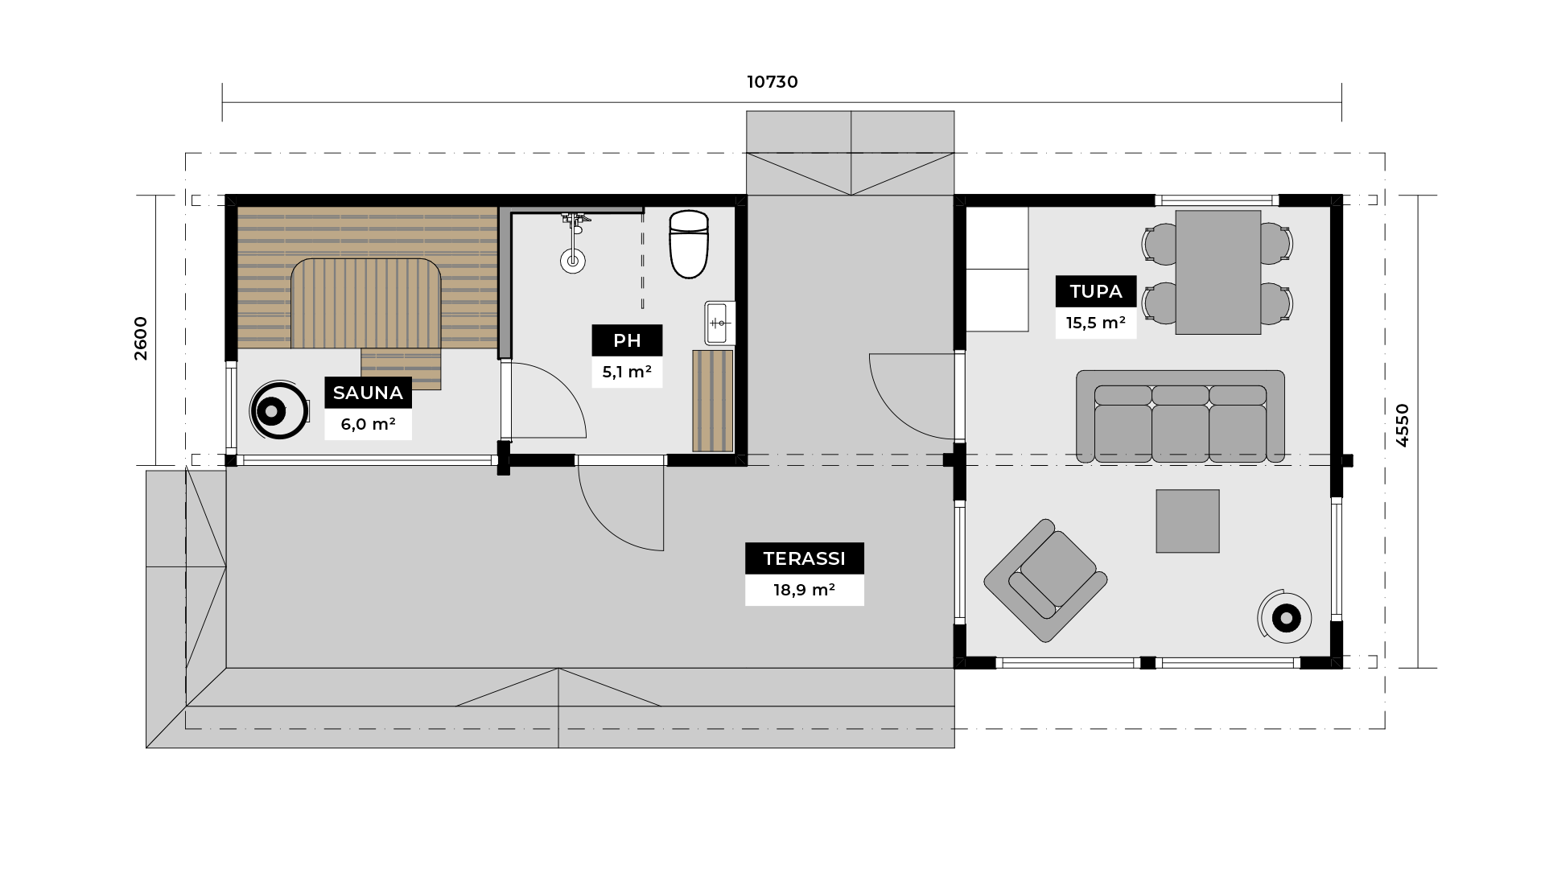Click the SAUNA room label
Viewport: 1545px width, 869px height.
point(368,393)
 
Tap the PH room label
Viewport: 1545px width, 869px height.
point(627,340)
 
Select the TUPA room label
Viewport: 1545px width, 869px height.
point(1096,291)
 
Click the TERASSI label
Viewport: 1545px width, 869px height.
point(804,558)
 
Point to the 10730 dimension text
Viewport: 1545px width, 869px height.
point(772,82)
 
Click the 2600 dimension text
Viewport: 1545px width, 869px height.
point(141,338)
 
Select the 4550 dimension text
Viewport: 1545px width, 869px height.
point(1403,425)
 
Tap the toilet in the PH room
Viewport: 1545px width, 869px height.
point(689,244)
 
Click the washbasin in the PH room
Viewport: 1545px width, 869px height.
point(719,323)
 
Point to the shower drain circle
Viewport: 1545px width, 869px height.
point(572,260)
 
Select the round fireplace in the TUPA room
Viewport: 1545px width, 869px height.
point(1285,618)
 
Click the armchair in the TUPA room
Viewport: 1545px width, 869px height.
point(1045,580)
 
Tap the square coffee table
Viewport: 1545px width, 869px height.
point(1188,521)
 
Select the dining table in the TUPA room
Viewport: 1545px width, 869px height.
point(1218,272)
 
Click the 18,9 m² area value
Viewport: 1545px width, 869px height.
point(804,590)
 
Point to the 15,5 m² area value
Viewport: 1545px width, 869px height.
point(1096,323)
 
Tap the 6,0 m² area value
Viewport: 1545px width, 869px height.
point(368,424)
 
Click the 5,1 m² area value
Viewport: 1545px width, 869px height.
point(627,372)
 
